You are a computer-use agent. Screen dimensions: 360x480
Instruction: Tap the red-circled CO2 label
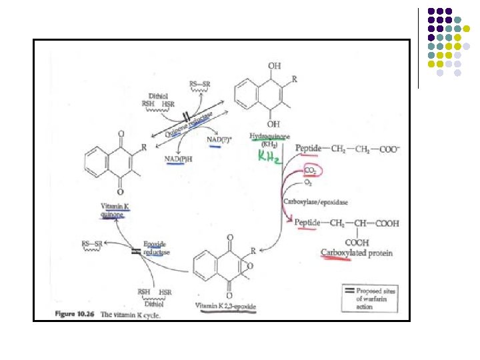tap(312, 170)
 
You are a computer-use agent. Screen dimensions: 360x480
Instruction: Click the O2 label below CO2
tap(307, 183)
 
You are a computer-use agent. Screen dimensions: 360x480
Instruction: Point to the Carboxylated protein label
tap(357, 253)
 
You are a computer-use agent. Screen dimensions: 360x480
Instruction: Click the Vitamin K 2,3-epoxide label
tap(226, 306)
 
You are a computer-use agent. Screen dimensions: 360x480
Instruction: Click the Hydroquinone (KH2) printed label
tap(265, 139)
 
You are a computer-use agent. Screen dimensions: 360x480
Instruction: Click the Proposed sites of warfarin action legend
tap(377, 296)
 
